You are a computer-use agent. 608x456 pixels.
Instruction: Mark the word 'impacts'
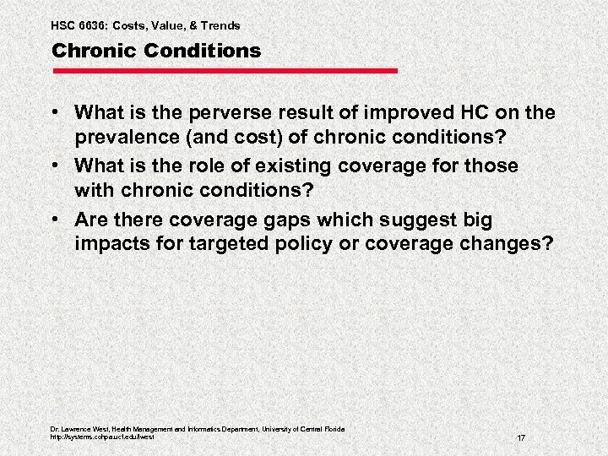click(109, 244)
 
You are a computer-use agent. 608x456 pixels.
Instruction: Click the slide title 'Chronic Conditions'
click(156, 52)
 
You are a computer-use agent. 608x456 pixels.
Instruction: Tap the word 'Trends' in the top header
click(220, 26)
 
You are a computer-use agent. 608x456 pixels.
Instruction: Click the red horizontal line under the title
click(224, 71)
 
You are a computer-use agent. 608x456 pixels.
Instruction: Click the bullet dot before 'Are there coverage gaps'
click(58, 220)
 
